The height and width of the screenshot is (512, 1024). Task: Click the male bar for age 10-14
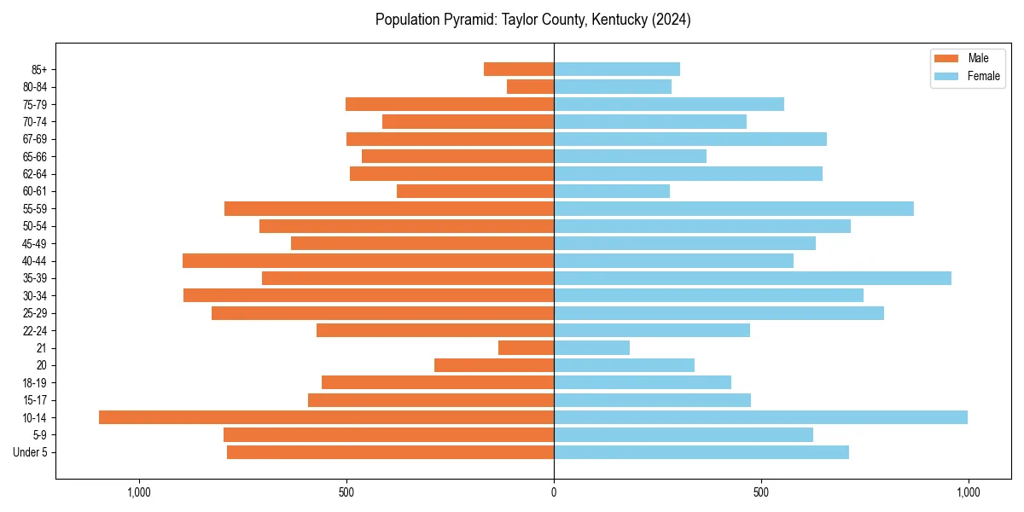tap(326, 417)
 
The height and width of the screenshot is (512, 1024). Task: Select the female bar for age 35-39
tap(753, 278)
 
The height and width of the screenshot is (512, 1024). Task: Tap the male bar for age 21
tap(526, 347)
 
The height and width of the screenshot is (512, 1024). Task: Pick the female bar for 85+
tap(617, 69)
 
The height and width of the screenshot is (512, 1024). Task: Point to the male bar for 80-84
tap(530, 86)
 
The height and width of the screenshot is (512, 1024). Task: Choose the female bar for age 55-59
tap(734, 208)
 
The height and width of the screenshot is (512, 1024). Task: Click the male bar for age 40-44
tap(368, 260)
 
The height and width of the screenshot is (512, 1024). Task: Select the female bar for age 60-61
tap(612, 191)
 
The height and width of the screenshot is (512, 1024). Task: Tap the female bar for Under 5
tap(701, 452)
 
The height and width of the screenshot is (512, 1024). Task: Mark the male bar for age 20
tap(494, 365)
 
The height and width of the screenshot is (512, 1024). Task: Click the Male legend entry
tap(978, 58)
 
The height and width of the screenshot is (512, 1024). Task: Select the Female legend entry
tap(983, 76)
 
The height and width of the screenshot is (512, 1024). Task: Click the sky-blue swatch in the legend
tap(946, 76)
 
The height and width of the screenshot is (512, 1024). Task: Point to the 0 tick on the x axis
tap(554, 492)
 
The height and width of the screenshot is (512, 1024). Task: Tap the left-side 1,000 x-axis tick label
tap(139, 492)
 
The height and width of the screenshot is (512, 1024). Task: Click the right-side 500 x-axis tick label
tap(761, 492)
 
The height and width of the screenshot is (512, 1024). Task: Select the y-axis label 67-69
tap(35, 139)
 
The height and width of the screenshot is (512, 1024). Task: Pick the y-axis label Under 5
tap(30, 452)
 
